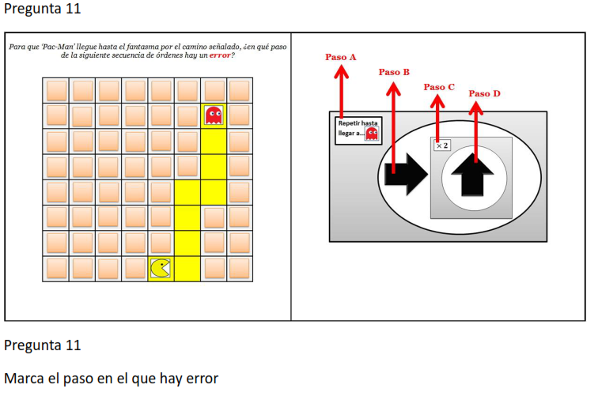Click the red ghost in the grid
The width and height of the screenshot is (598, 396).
214,116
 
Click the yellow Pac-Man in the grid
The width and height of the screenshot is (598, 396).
161,269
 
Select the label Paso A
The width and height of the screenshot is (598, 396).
341,57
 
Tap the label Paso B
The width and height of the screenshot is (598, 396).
394,72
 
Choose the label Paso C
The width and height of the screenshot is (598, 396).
439,87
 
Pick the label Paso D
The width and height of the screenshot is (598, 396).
484,93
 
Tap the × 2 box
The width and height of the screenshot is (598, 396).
441,145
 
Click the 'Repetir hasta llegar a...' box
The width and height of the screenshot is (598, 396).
358,129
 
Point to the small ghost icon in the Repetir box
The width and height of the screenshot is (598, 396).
372,134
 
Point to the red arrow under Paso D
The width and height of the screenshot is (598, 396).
476,126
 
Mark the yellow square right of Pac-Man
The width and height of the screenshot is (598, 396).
187,269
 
